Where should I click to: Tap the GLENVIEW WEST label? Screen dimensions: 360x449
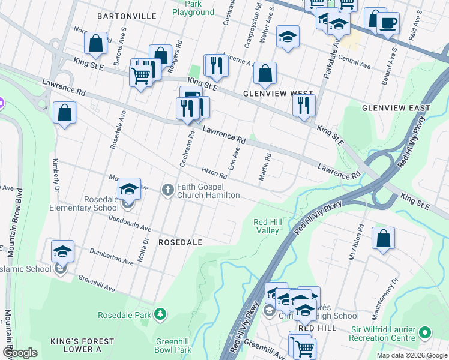[x=270, y=94]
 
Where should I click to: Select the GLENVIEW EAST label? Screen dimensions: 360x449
[x=396, y=108]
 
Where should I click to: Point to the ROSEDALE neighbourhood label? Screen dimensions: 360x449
[x=180, y=242]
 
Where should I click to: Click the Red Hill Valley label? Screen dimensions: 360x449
[x=267, y=226]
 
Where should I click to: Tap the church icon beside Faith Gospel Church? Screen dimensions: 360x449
[x=168, y=190]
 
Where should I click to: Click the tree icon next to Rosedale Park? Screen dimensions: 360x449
[x=160, y=314]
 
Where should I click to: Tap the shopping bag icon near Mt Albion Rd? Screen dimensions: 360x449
[x=382, y=238]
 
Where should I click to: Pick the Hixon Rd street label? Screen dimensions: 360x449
[x=214, y=173]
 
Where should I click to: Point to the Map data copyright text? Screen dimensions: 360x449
[x=411, y=355]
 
